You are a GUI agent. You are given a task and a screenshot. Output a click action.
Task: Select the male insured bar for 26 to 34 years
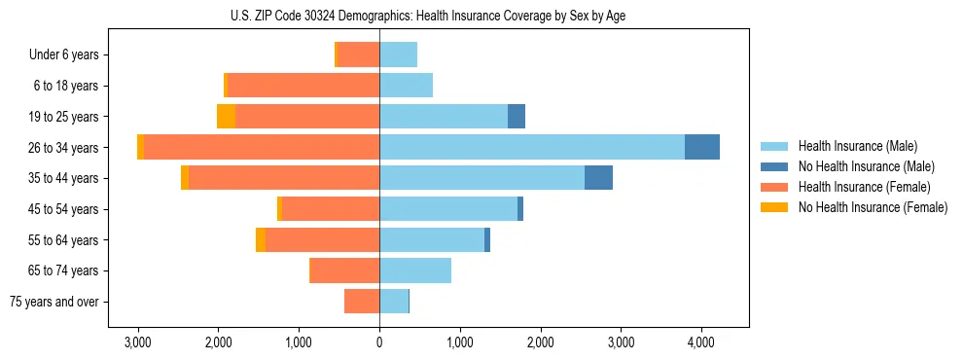[x=532, y=147]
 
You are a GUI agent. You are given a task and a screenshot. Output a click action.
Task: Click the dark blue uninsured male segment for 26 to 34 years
[x=702, y=147]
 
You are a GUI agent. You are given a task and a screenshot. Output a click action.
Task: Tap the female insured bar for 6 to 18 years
[x=303, y=86]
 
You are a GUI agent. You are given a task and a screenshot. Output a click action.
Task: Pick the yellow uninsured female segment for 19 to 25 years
[x=226, y=117]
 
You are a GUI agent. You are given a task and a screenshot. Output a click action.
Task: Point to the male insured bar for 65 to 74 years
[x=415, y=270]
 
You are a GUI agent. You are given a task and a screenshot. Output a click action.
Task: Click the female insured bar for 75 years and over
[x=362, y=302]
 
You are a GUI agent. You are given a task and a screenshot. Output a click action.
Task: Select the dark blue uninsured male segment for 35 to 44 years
[x=598, y=178]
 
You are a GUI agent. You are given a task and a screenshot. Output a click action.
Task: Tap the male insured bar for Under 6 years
[x=399, y=54]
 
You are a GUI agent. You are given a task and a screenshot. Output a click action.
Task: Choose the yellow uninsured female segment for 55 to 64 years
[x=261, y=240]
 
